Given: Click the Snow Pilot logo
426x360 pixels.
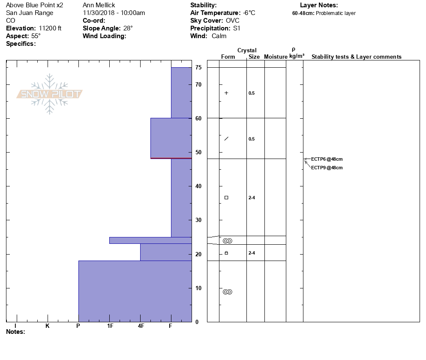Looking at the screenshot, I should point(50,94).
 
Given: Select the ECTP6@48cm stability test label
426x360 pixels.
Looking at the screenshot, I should point(327,159).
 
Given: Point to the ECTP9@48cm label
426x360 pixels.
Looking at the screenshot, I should point(327,168).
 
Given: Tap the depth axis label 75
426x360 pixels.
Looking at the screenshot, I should point(198,68).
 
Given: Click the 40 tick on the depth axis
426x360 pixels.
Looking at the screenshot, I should point(198,186).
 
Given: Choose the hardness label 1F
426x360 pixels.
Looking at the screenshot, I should point(110,326).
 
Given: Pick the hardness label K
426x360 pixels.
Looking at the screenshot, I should point(47,326).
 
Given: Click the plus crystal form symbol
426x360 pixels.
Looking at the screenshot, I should point(226,93).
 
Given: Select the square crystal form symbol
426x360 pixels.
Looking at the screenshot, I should point(226,198).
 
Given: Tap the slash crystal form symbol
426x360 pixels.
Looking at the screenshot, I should point(226,138).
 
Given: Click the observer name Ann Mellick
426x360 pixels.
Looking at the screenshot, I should point(99,5).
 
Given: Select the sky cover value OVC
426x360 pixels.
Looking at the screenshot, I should point(233,21).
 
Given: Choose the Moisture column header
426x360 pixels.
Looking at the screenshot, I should point(276,57).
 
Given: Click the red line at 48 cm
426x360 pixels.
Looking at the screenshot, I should point(171,158).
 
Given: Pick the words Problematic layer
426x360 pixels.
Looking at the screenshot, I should point(336,13).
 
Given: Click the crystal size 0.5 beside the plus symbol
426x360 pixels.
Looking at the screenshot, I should point(252,93).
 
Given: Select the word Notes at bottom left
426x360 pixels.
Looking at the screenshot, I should point(15,332).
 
